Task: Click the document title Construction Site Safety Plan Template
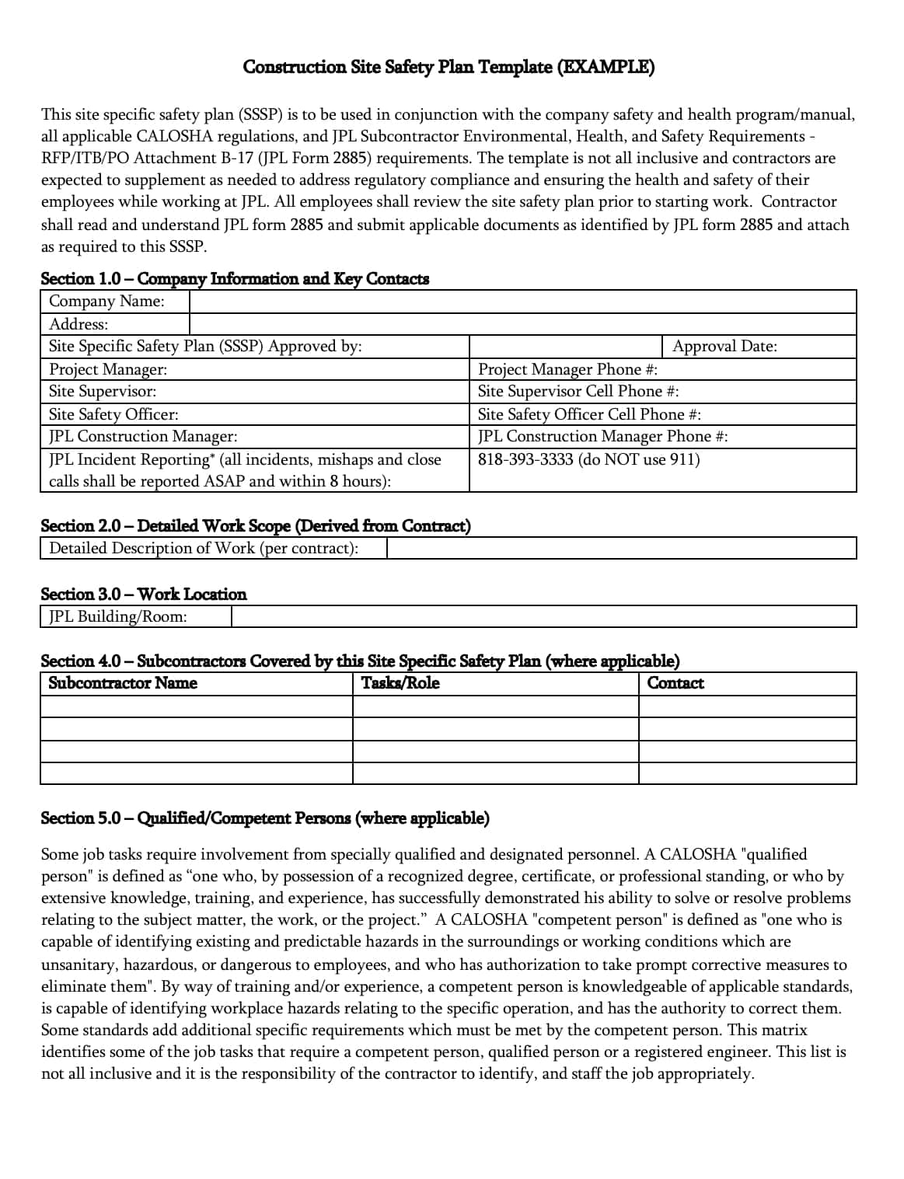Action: [449, 67]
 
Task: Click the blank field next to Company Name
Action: [522, 302]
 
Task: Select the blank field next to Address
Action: [522, 324]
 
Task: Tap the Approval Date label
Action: [724, 347]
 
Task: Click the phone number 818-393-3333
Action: [588, 459]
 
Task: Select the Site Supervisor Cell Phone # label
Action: [578, 392]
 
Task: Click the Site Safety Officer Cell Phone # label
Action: [588, 414]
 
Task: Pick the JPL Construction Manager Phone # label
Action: [602, 437]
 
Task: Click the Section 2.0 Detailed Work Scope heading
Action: [255, 526]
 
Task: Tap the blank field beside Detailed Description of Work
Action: [621, 549]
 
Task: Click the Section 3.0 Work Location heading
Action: [143, 595]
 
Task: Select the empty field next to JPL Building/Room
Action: [543, 617]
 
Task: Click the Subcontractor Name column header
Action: [123, 683]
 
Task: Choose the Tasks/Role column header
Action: [400, 683]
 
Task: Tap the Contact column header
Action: [675, 683]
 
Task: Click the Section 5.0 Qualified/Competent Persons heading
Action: [264, 818]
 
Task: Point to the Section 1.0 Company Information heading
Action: [234, 279]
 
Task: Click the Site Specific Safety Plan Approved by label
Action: [205, 347]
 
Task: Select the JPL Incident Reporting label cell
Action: [245, 470]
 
